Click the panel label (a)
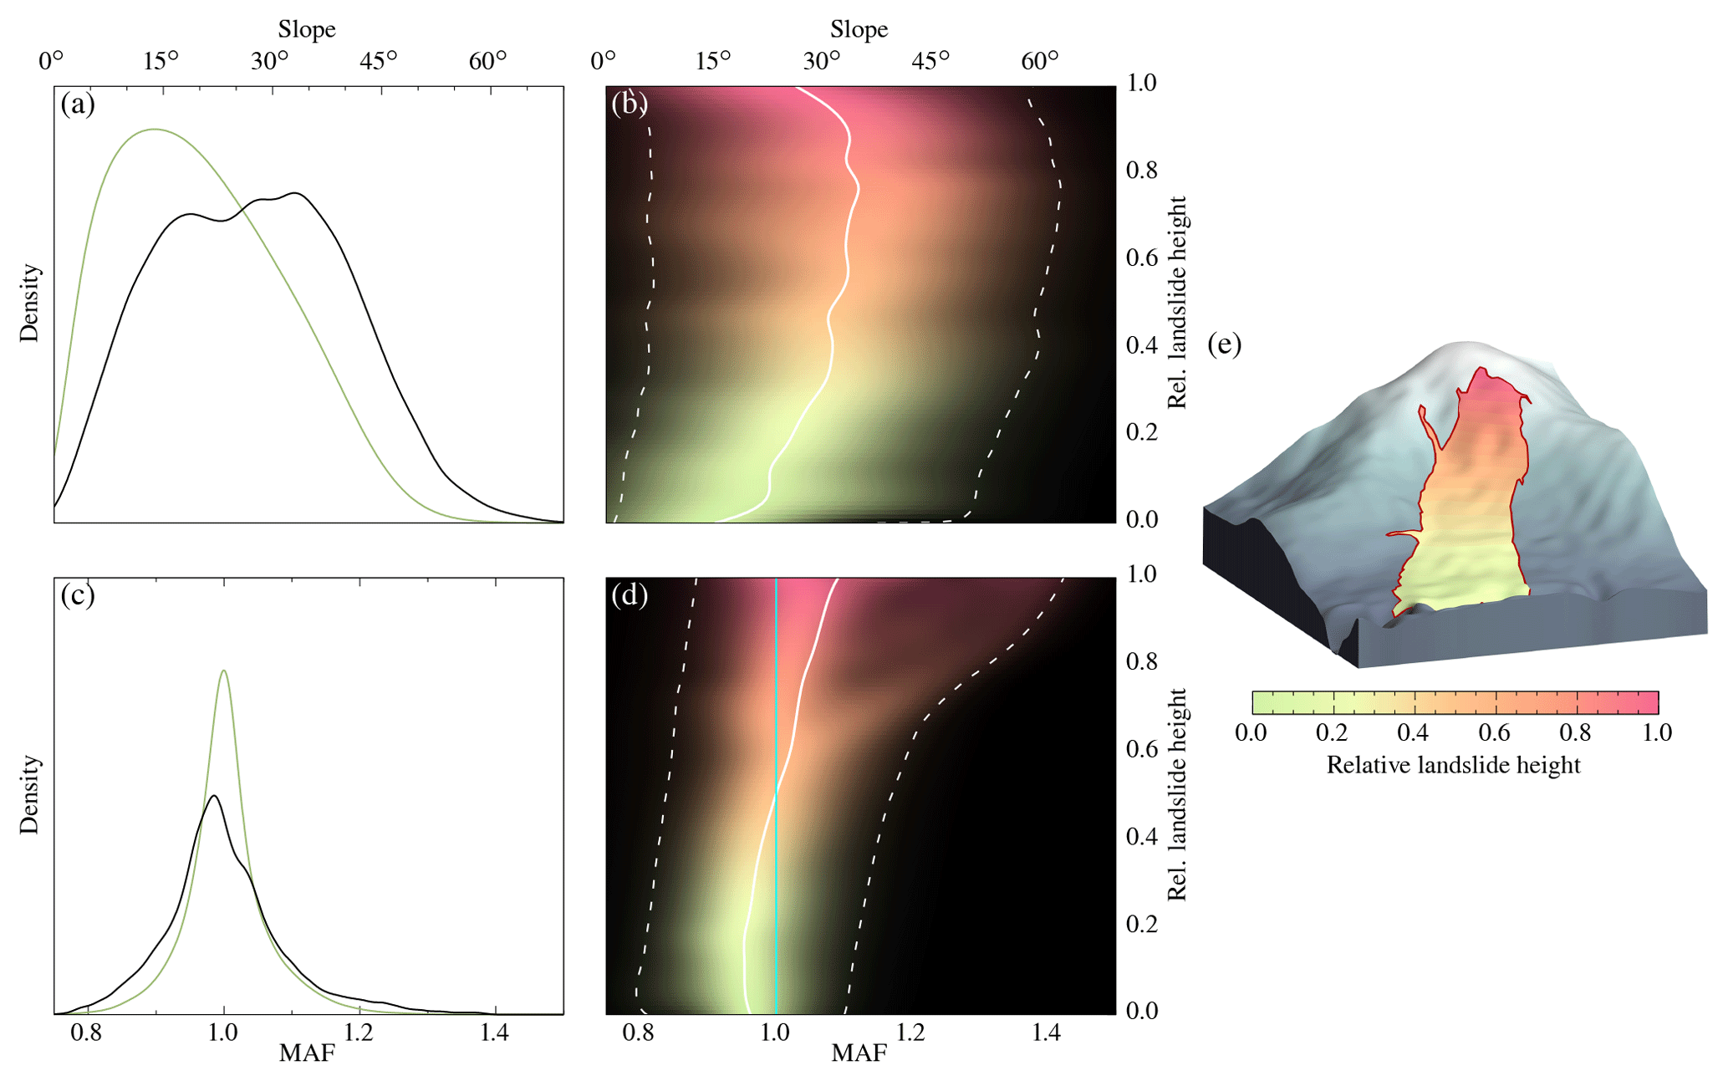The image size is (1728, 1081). coord(78,105)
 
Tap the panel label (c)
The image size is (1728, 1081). coord(78,595)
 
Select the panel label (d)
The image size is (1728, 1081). coord(630,595)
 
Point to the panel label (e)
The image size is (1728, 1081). coord(1225,344)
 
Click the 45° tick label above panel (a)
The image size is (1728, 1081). coord(379,61)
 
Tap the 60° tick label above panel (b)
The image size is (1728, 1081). coord(1039,61)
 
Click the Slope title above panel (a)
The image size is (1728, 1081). coord(307,29)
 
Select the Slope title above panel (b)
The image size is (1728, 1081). coord(859,29)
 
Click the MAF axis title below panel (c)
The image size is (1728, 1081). coord(307,1053)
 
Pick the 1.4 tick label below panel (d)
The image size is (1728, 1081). coord(1046,1033)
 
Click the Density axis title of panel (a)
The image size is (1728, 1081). coord(30,303)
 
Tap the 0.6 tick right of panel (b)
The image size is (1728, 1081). coord(1141,258)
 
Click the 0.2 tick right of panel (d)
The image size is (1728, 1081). coord(1141,924)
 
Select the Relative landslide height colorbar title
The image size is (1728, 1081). coord(1453,765)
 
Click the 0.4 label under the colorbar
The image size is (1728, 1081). coord(1413,733)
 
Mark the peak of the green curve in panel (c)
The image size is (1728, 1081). coord(223,671)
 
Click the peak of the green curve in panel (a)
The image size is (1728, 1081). coord(155,130)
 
